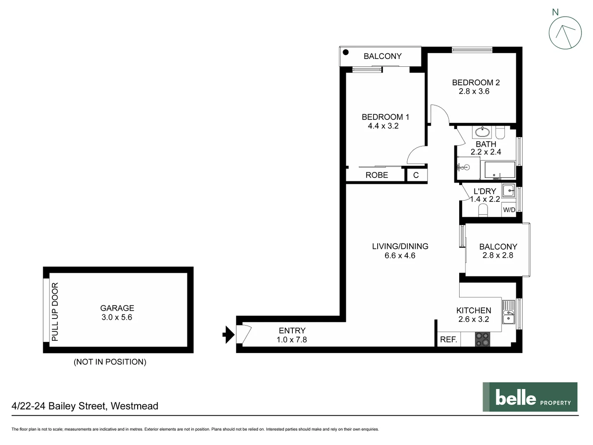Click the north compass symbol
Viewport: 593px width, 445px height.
point(565,33)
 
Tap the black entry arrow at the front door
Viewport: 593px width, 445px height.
point(228,335)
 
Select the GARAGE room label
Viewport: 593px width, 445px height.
point(117,308)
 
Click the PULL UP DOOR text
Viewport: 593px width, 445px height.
point(55,312)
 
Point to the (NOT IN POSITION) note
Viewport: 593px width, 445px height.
point(110,362)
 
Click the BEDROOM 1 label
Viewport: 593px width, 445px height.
point(385,117)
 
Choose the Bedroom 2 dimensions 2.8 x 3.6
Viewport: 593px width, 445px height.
point(474,91)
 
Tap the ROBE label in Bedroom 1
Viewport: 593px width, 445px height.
point(376,175)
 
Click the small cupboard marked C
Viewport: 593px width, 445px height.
point(416,175)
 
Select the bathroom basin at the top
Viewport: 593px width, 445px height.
point(481,132)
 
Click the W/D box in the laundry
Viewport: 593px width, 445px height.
point(509,210)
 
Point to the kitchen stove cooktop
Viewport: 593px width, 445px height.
point(483,339)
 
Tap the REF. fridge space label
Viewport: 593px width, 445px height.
point(448,340)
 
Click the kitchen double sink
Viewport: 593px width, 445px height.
point(509,312)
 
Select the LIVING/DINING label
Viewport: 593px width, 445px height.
point(400,246)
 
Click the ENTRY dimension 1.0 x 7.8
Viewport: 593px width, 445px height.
point(292,340)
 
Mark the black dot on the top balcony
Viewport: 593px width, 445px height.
point(346,52)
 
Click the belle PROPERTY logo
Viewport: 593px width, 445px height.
point(530,397)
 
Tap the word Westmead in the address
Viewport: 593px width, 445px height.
point(134,406)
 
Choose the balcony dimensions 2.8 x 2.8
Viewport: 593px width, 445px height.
point(498,255)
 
